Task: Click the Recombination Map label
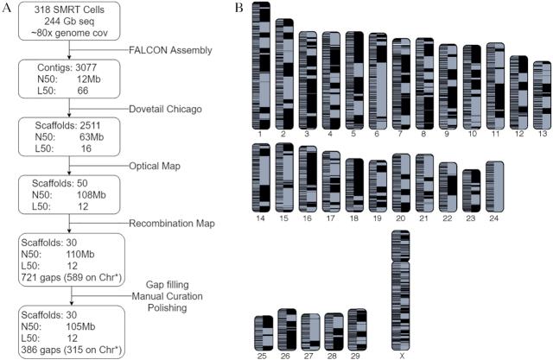pyautogui.click(x=173, y=222)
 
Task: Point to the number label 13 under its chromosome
pyautogui.click(x=541, y=135)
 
